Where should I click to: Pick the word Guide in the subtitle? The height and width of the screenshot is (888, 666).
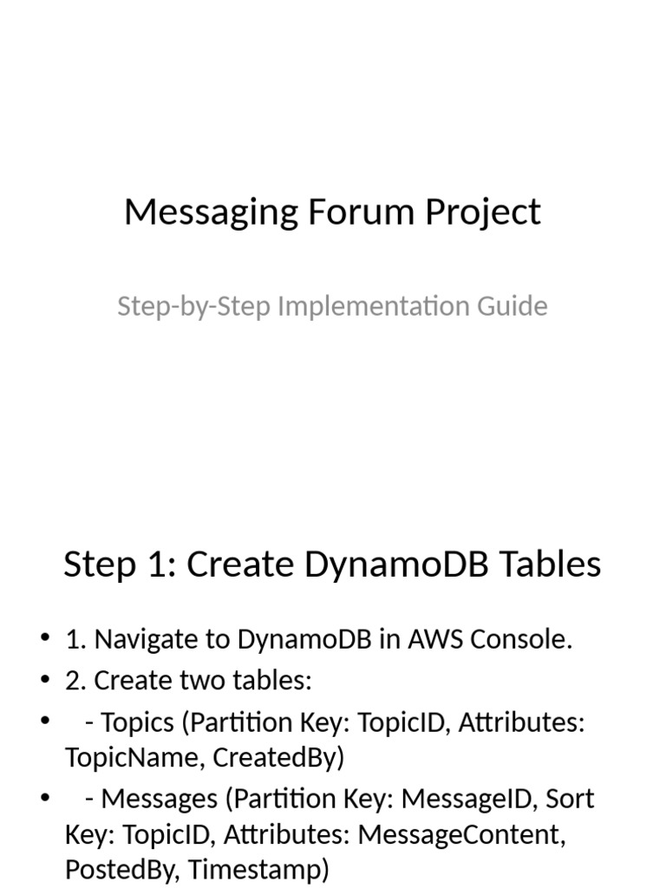click(x=515, y=306)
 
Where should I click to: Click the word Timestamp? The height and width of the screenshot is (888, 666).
click(x=258, y=869)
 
